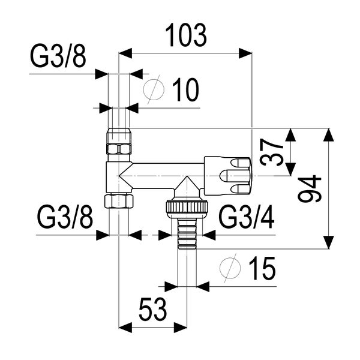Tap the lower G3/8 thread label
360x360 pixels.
tap(65, 218)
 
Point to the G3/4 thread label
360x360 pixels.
tap(247, 218)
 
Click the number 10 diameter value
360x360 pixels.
tap(185, 91)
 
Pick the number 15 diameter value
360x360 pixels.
tap(261, 269)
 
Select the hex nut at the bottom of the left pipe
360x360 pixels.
tap(119, 200)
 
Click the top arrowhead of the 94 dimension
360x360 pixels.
tap(328, 136)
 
